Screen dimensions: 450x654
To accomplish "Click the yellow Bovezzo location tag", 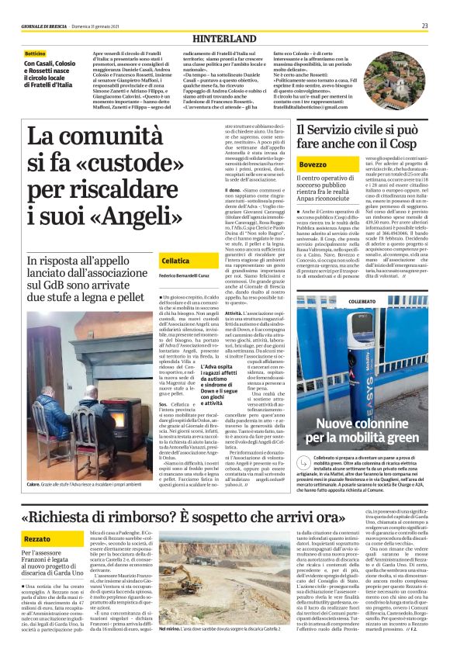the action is tap(313, 166).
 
